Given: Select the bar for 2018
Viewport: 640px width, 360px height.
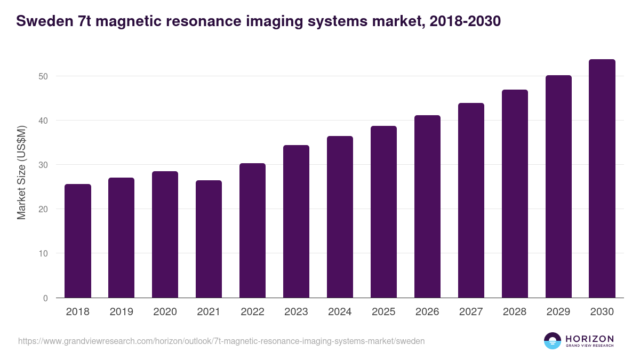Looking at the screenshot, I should (78, 241).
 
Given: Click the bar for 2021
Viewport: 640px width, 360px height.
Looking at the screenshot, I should (209, 239).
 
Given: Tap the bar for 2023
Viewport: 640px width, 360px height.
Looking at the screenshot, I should (296, 221).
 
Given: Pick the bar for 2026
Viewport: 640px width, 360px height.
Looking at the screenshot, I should (427, 206).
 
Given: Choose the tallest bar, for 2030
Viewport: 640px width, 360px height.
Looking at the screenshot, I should (602, 179).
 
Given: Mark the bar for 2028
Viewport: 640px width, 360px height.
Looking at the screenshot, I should (515, 194).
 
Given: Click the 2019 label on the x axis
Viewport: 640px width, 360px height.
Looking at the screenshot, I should (121, 312).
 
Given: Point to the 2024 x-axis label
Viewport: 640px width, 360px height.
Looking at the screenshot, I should (340, 312).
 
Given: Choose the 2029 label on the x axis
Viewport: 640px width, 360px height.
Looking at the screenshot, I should (558, 312).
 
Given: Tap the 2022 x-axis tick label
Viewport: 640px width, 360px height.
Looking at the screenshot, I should (252, 312).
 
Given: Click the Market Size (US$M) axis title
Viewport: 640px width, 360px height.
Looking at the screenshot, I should (22, 172).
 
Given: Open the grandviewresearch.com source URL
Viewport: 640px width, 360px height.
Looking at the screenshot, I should (221, 341).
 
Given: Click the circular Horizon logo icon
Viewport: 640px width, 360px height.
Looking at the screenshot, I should (552, 341).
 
